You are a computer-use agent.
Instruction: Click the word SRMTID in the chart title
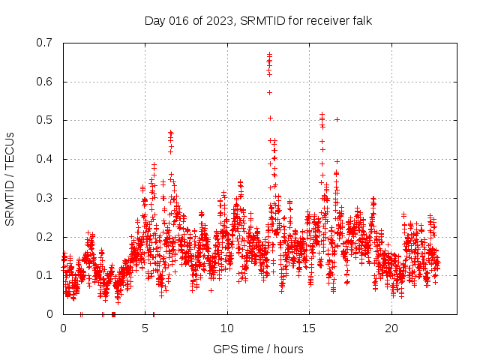pos(264,20)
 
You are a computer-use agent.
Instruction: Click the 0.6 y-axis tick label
pos(44,81)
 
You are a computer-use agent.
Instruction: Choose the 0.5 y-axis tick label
pos(44,120)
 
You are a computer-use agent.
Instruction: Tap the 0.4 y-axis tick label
pos(44,159)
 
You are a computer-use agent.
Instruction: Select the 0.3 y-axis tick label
pos(44,198)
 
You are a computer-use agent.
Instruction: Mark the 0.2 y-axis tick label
pos(44,237)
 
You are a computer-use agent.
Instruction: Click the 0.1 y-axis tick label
pos(44,275)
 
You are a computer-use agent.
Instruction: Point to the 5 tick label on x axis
pos(145,328)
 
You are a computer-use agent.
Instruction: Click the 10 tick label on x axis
pos(227,328)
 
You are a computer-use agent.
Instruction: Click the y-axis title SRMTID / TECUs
pos(10,178)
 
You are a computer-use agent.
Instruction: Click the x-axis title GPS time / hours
pos(258,349)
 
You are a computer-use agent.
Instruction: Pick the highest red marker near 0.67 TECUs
pos(269,55)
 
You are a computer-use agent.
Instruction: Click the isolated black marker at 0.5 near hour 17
pos(337,119)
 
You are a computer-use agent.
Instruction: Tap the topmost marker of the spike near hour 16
pos(322,115)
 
